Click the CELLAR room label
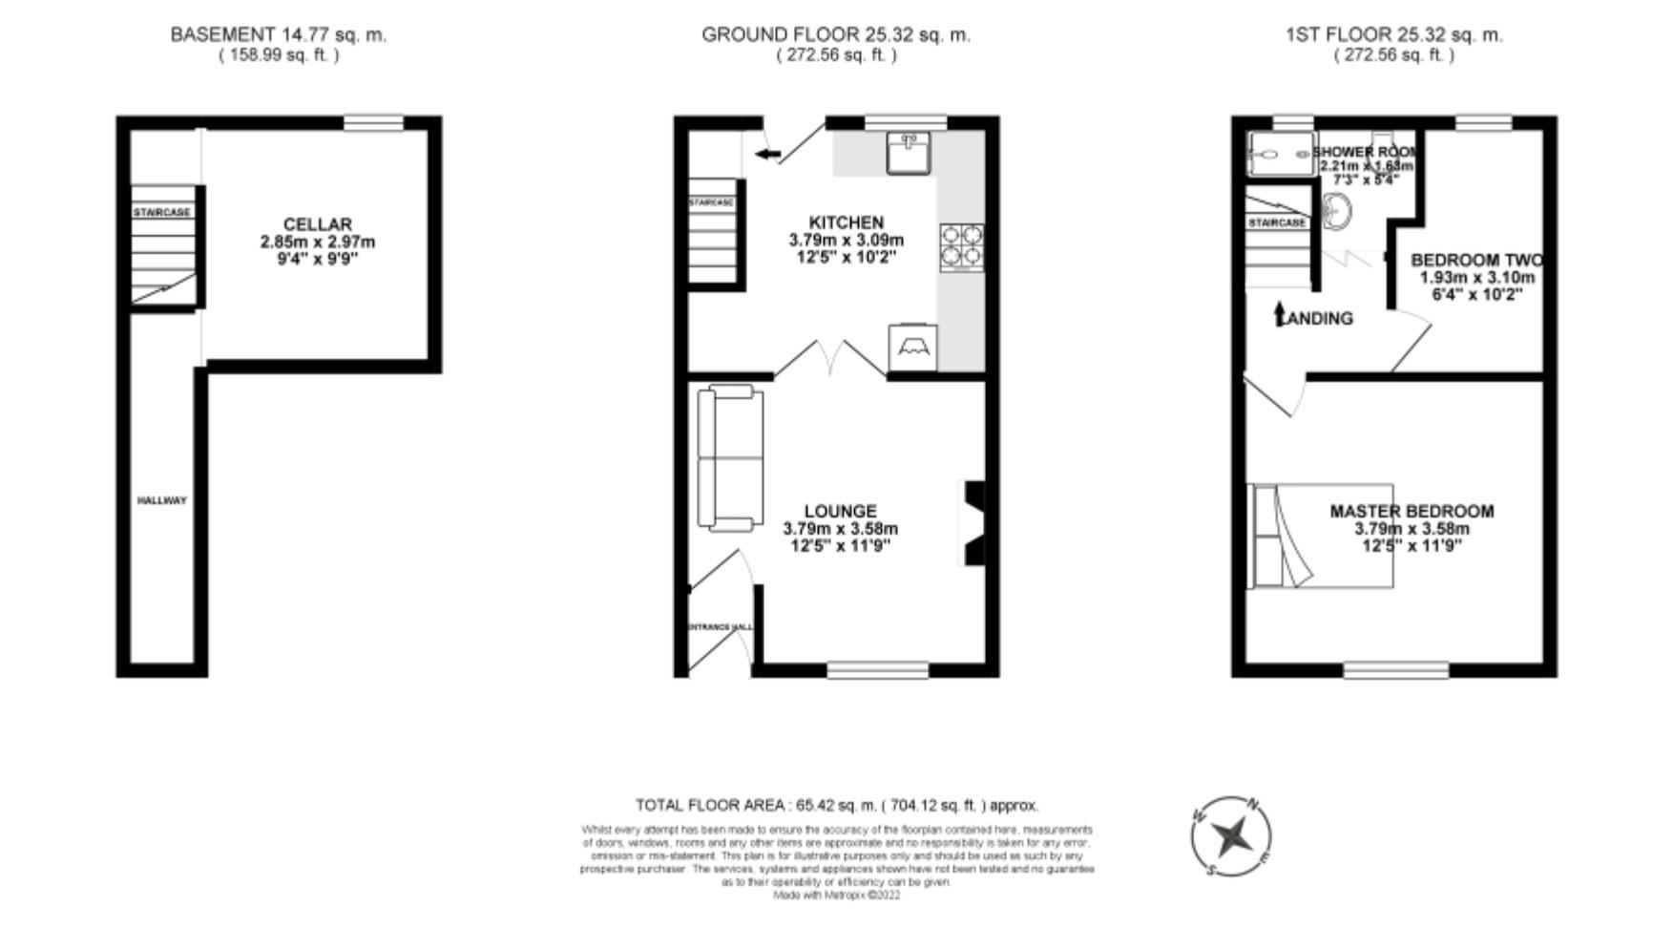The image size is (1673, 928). click(317, 224)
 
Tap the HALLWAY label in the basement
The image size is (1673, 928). click(161, 500)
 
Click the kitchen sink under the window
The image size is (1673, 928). click(907, 153)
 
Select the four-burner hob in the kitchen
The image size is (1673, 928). click(961, 245)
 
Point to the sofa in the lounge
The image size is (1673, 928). click(730, 457)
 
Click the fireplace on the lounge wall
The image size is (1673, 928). click(973, 524)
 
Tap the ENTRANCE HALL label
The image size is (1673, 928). click(721, 627)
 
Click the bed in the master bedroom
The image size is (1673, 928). click(1322, 536)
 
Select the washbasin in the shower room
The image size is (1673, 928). click(1338, 211)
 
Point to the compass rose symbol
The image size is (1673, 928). click(1231, 836)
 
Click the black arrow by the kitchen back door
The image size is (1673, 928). click(766, 153)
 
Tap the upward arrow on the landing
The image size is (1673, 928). click(1280, 314)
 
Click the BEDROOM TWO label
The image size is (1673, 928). click(1475, 260)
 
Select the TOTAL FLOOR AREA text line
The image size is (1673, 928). click(837, 806)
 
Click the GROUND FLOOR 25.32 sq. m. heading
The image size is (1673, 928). click(836, 35)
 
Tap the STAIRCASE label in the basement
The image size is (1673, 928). click(161, 212)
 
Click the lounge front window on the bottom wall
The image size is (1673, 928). click(877, 670)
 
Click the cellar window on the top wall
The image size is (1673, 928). click(373, 122)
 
